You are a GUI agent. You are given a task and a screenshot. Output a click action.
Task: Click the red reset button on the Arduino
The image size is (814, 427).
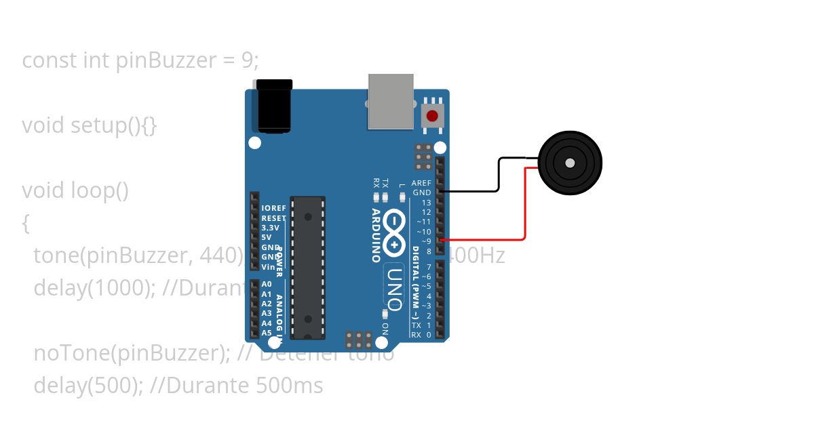click(432, 116)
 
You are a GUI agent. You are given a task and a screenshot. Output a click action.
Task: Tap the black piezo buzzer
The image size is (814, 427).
click(570, 163)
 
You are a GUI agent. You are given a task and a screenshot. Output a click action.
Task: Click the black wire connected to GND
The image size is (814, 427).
click(499, 176)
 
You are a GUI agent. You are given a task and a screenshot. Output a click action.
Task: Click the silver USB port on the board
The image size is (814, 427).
click(391, 101)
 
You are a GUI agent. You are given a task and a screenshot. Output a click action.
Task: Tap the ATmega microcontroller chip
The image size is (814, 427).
click(308, 267)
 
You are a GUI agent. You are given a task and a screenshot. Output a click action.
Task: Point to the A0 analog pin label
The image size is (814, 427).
click(267, 285)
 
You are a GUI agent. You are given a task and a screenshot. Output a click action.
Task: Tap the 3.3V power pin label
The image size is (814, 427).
click(270, 228)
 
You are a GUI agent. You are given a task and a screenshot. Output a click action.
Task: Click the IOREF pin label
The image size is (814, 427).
click(273, 209)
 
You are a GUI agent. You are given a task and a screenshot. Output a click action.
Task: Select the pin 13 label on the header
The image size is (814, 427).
click(426, 203)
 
